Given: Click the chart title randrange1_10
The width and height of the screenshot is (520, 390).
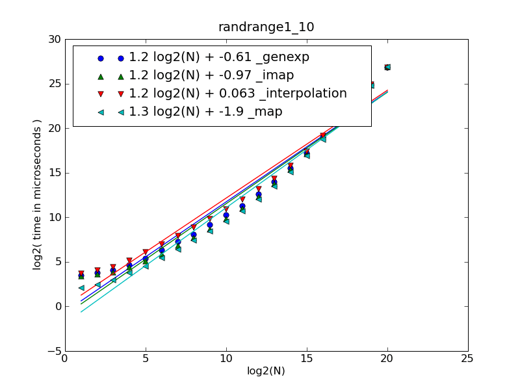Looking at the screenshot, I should (x=266, y=27).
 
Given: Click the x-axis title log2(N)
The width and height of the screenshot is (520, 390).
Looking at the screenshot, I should (x=266, y=371).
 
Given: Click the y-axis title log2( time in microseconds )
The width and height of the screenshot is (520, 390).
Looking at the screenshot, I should (x=38, y=195).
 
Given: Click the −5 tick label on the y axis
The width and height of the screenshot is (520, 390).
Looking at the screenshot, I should (x=52, y=351).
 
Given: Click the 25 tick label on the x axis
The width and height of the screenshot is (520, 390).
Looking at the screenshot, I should (x=468, y=358).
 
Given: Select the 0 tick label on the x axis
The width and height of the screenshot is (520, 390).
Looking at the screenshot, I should (x=65, y=358).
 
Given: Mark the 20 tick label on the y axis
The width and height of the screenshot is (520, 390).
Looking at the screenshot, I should (x=54, y=129).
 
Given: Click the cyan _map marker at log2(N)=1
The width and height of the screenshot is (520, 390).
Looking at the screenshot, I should (x=81, y=288).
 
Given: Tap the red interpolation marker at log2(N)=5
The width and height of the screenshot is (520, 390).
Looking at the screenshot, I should (x=146, y=252).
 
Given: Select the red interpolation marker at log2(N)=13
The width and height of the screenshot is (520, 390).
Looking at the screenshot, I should (x=274, y=179).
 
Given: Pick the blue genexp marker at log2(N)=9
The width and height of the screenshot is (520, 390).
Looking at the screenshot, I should (x=210, y=225).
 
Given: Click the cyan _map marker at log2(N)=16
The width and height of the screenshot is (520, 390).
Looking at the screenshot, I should (x=323, y=139).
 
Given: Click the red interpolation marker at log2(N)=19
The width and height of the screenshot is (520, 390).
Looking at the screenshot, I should (x=371, y=84).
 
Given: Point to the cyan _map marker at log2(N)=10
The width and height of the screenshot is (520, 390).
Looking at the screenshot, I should (x=226, y=221).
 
